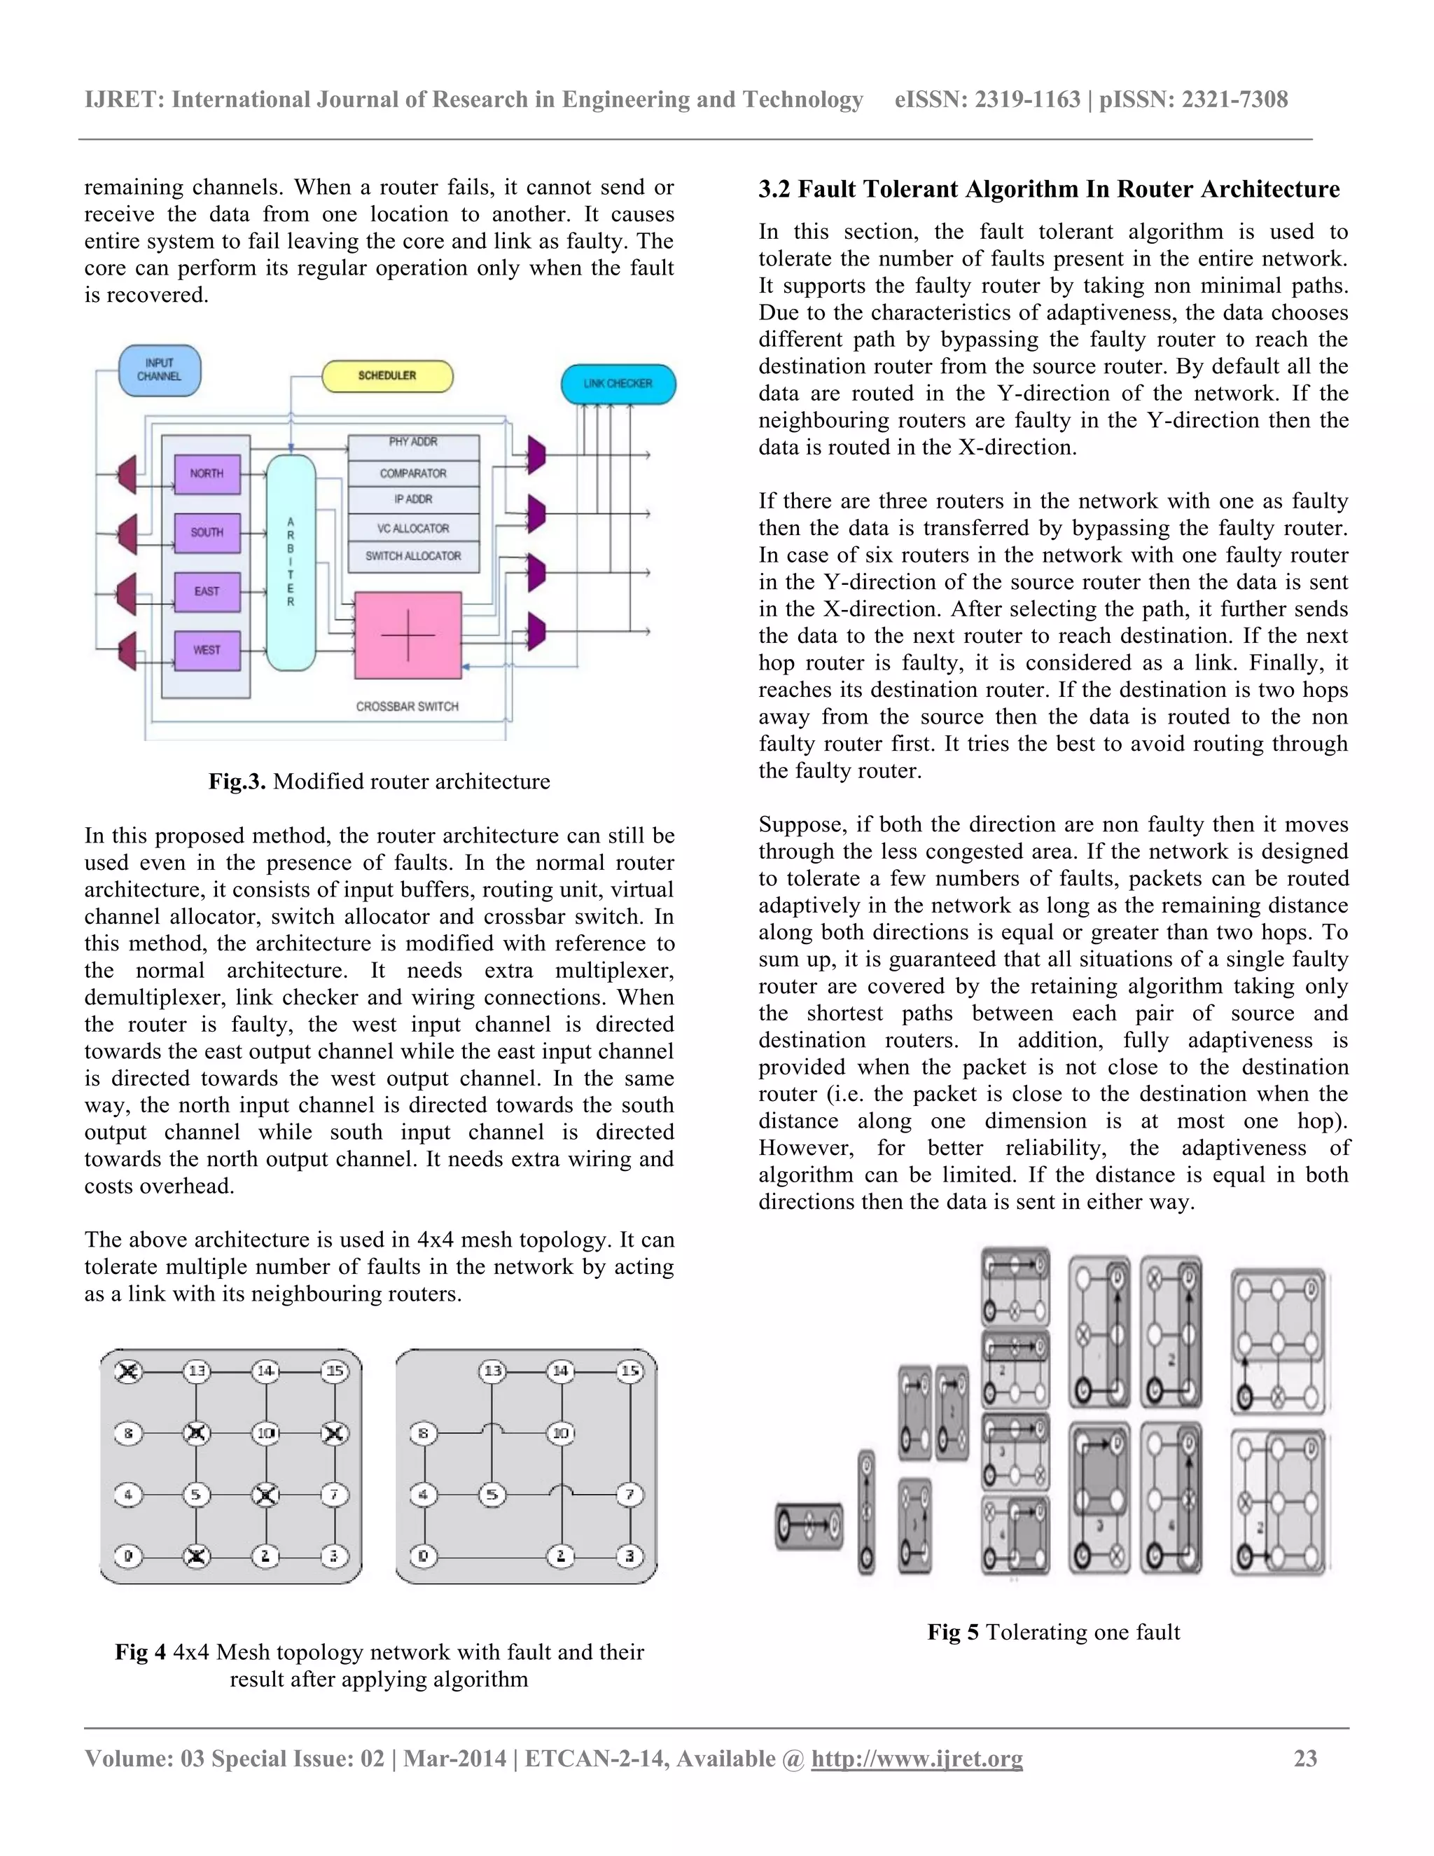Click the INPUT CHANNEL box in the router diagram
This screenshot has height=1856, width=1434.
tap(159, 370)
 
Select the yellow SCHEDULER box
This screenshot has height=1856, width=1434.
tap(387, 375)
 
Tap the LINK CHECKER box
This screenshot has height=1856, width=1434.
tap(618, 384)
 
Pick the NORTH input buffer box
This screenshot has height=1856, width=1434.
tap(207, 473)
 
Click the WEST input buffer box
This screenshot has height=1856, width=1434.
tap(207, 650)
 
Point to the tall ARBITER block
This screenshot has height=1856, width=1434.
tap(291, 562)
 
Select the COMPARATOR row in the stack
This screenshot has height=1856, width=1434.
tap(413, 473)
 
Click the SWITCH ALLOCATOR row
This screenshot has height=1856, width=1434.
tap(413, 556)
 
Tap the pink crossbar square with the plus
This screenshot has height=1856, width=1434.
tap(408, 635)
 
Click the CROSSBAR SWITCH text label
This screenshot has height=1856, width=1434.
tap(407, 706)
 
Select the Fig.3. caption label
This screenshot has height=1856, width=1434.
tap(237, 782)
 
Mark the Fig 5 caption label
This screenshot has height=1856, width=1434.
tap(952, 1632)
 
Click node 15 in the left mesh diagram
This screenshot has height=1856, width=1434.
tap(335, 1371)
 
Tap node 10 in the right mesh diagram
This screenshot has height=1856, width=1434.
tap(561, 1434)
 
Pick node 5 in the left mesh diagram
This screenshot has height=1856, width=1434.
tap(196, 1494)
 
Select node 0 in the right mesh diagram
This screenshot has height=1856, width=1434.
tap(423, 1556)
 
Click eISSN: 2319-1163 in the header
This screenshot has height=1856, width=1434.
tap(987, 99)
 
